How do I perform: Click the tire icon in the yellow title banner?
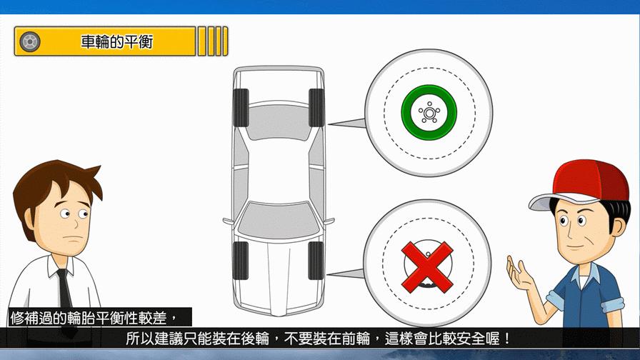point(30,41)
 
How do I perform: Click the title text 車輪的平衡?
point(116,41)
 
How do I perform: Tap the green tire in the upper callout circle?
point(429,113)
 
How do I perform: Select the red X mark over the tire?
point(427,267)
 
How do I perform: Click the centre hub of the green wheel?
point(429,113)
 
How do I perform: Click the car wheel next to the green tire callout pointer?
point(316,107)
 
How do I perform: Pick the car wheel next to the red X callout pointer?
point(316,261)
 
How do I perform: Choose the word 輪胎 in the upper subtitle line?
point(81,318)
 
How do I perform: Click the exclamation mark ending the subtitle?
point(507,339)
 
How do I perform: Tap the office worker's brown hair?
point(53,184)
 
